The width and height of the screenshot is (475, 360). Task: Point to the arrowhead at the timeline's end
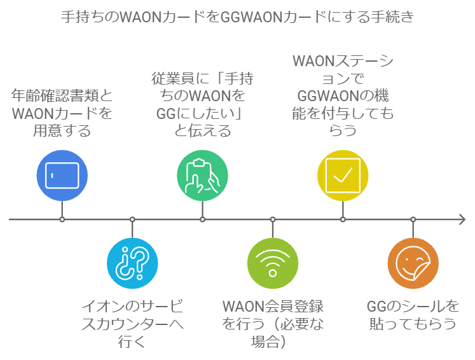462,219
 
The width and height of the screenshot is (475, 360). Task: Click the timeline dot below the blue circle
62,219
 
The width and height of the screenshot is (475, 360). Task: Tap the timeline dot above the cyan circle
132,219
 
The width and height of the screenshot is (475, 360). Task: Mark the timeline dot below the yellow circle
343,219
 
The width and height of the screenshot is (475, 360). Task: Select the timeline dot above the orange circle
413,219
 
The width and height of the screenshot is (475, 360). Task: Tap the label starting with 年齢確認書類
62,114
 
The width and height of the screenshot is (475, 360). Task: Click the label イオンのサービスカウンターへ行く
132,324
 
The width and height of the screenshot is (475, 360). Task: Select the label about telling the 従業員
202,105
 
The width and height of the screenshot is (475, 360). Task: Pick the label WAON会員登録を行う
273,324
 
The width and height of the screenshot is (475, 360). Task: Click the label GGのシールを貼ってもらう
413,315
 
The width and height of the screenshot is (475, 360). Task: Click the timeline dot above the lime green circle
273,219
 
